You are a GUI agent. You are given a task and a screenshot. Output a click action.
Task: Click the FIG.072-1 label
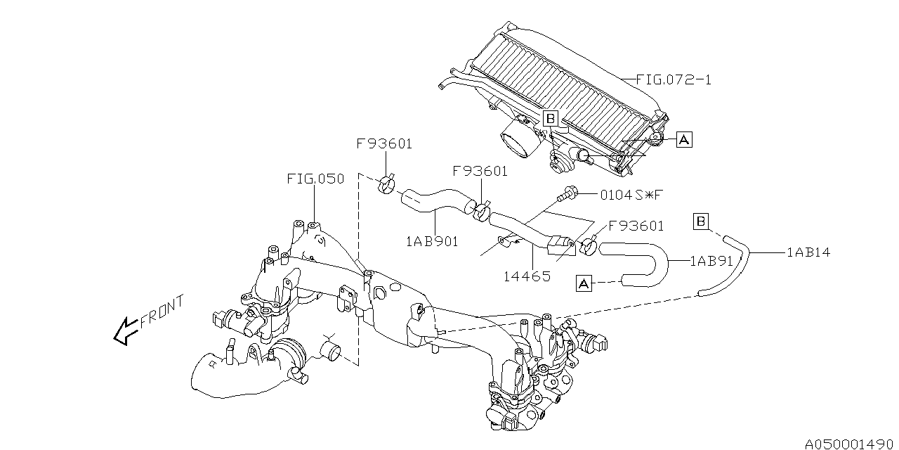coord(674,79)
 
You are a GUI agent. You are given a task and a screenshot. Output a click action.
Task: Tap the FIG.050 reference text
coord(315,179)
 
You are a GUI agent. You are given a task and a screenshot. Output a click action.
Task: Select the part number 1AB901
coord(432,241)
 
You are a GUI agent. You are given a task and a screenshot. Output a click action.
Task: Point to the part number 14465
coord(527,276)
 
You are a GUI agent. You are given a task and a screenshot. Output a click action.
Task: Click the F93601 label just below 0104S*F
coord(636,226)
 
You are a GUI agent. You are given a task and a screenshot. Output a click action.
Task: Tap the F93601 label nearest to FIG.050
coord(384,144)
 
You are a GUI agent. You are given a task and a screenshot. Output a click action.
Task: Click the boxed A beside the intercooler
coord(684,141)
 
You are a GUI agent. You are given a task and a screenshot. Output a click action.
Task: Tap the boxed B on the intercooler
coord(550,118)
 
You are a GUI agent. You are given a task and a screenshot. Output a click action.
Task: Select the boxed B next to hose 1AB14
coord(700,222)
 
